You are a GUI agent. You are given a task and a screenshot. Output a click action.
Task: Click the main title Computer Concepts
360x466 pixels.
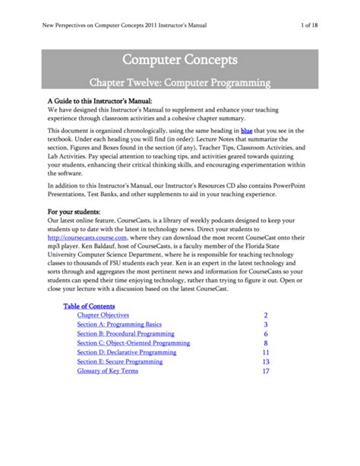coord(180,59)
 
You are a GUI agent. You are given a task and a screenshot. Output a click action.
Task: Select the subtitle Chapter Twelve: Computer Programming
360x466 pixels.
coord(180,81)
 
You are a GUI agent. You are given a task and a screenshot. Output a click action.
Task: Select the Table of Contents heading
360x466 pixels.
coord(89,306)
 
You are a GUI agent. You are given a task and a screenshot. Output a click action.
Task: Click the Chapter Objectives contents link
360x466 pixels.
coord(103,315)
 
